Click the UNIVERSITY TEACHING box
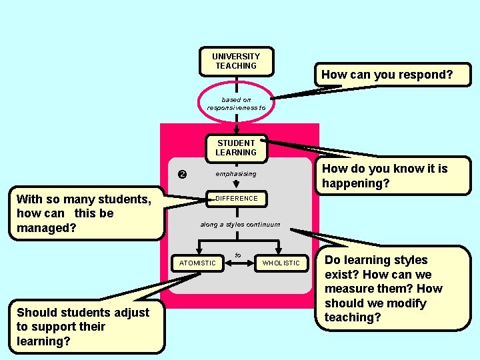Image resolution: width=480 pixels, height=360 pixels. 236,61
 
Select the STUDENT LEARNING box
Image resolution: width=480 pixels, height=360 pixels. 236,148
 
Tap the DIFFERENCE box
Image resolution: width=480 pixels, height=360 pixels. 236,199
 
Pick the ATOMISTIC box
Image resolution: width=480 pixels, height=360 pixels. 197,263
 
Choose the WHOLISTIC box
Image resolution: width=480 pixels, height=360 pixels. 281,263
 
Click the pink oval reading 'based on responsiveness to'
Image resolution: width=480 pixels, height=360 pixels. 236,103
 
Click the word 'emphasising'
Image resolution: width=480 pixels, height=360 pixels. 235,174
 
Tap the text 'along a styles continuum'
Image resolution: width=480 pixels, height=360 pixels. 240,225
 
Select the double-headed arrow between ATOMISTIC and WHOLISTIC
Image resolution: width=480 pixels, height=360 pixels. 239,263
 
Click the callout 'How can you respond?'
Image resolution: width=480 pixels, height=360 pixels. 387,75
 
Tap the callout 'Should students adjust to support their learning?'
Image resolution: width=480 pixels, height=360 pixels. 83,326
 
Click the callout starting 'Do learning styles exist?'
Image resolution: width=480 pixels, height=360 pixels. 393,289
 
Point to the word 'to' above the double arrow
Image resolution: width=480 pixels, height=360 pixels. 238,254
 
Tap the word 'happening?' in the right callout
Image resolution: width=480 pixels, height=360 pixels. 355,183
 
